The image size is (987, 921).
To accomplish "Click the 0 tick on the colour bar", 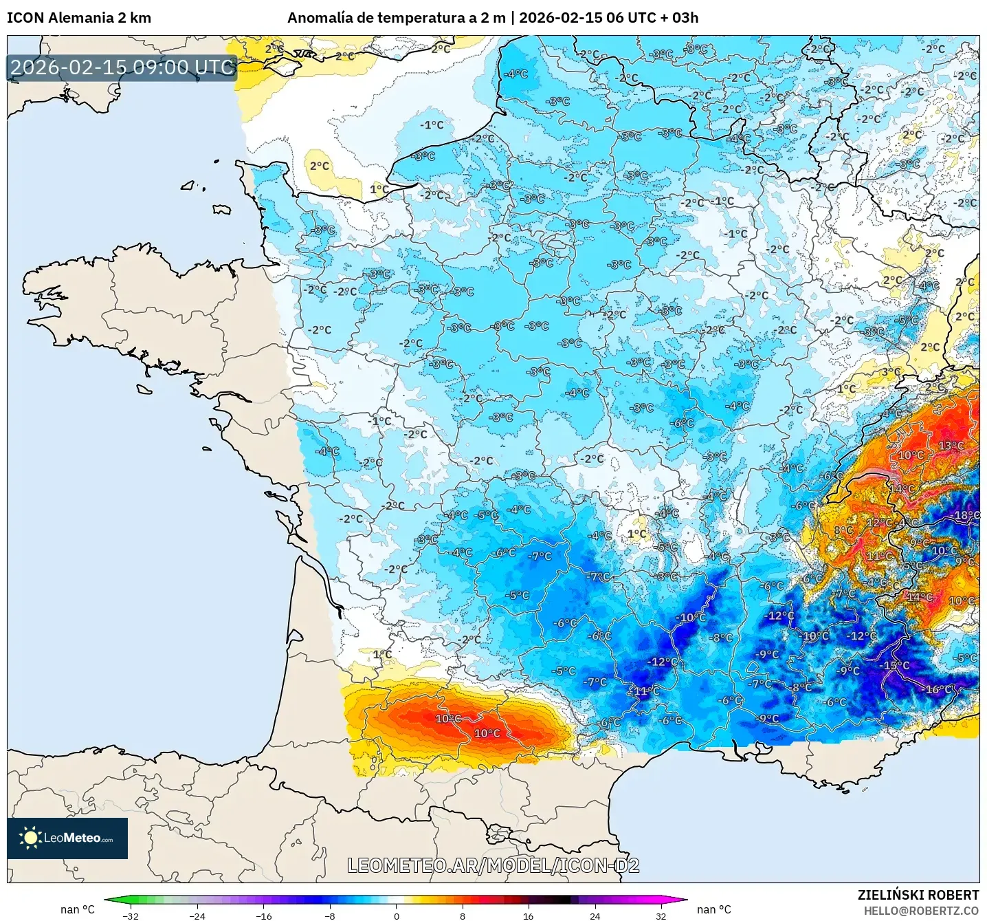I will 396,915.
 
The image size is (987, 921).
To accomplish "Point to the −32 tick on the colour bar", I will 131,915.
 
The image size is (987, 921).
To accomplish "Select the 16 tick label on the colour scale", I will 528,915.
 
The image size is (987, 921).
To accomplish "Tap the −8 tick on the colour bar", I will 330,915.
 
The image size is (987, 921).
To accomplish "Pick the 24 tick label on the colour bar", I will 595,915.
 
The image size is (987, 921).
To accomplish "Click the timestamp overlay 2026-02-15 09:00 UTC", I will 122,67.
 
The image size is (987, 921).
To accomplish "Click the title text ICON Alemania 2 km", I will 79,18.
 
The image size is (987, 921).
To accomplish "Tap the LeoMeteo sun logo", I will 30,838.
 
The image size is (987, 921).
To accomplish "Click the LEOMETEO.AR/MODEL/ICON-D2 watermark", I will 493,865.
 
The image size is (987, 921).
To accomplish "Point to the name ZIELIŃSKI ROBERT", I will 918,895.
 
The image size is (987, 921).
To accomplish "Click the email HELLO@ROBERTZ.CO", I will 920,911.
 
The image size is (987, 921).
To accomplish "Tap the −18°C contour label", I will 966,515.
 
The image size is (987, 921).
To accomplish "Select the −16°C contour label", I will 939,689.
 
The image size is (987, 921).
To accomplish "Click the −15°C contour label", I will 896,665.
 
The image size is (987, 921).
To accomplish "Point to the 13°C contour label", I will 951,446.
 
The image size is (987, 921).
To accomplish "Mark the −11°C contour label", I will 645,691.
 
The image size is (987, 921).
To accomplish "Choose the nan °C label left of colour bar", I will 78,909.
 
